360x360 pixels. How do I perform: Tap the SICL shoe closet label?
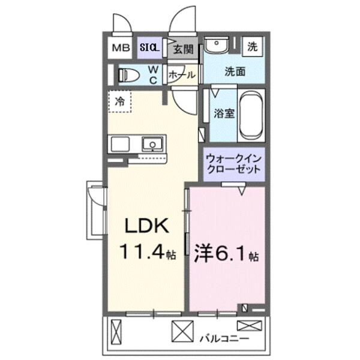click(x=149, y=47)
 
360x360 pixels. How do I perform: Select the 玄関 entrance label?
click(x=184, y=49)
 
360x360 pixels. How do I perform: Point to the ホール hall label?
click(x=182, y=75)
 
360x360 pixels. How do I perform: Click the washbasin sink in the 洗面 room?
click(x=214, y=46)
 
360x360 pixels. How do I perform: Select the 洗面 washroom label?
click(x=235, y=71)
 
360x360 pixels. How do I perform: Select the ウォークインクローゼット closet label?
click(x=233, y=164)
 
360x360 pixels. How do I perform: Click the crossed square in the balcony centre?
click(x=180, y=331)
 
